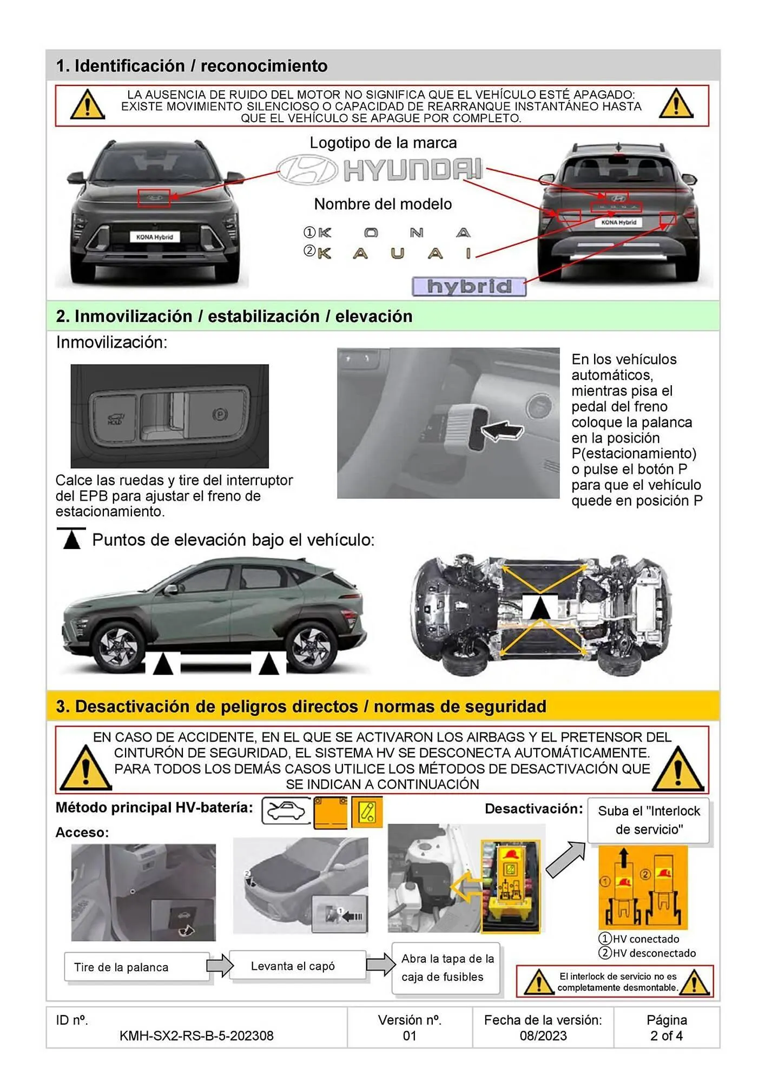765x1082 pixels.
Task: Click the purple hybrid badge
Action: [469, 286]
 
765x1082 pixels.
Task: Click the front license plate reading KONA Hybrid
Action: [155, 237]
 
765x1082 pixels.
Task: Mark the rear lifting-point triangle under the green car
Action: [268, 665]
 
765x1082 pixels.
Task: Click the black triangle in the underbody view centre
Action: [539, 608]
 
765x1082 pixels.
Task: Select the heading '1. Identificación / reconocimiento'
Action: [192, 66]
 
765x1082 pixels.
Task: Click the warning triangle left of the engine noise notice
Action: [87, 105]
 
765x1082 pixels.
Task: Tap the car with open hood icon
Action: [286, 810]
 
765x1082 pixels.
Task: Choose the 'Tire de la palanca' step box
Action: [136, 967]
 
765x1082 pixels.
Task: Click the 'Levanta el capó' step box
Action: [297, 966]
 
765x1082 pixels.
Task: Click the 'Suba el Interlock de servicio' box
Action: [648, 820]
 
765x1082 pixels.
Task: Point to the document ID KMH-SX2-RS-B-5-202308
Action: [196, 1035]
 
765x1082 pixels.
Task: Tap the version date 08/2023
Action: [543, 1035]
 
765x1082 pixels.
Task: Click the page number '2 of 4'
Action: [666, 1035]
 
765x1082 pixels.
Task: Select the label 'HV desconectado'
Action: [654, 953]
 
